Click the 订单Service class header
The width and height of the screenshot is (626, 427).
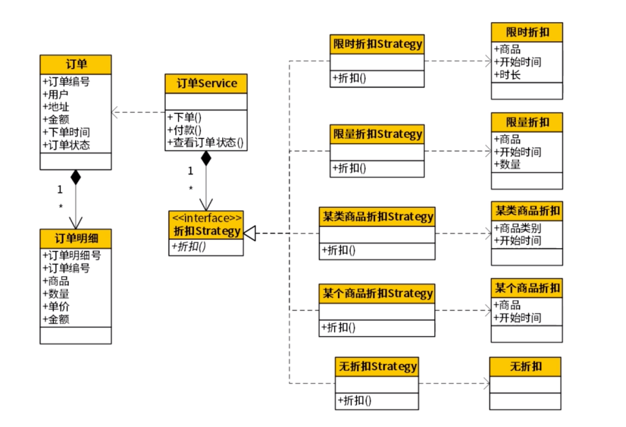point(206,83)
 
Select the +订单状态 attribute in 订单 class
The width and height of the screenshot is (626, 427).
point(66,145)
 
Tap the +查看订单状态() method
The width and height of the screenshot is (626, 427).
point(205,143)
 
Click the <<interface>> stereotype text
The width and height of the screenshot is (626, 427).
point(206,218)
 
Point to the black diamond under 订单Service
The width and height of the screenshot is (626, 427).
point(206,158)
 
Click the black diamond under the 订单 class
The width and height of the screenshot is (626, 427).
point(75,177)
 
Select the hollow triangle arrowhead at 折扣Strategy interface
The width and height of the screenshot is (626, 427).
point(249,233)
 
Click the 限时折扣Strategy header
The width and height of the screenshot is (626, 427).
point(377,44)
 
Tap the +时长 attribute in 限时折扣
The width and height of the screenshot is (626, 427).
point(507,75)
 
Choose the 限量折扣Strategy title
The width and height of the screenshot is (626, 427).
point(377,134)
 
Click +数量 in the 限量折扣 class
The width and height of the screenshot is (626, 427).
point(507,164)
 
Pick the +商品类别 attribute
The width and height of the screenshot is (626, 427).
point(517,228)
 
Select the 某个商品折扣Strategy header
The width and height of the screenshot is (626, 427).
point(377,294)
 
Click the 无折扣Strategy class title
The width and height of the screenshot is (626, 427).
point(377,366)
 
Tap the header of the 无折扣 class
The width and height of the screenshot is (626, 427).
point(525,367)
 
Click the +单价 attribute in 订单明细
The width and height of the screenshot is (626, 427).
point(56,306)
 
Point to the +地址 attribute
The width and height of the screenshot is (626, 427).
point(56,107)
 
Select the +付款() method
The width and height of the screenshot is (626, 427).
point(184,130)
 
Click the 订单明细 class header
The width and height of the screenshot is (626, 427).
point(75,239)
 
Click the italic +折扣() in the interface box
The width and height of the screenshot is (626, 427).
point(188,247)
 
